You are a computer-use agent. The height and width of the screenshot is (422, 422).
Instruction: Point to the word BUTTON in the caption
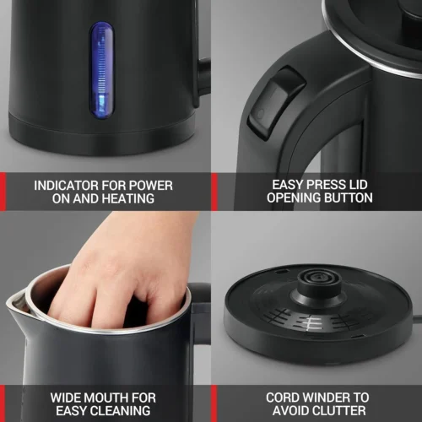pyautogui.click(x=347, y=198)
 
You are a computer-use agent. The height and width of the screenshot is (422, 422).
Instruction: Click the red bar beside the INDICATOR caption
pyautogui.click(x=3, y=192)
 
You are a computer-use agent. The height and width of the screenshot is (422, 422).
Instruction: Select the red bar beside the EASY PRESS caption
pyautogui.click(x=214, y=192)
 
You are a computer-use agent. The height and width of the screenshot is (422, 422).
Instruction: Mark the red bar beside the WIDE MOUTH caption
pyautogui.click(x=3, y=403)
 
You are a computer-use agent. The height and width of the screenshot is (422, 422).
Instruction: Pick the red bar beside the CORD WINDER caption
pyautogui.click(x=214, y=403)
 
